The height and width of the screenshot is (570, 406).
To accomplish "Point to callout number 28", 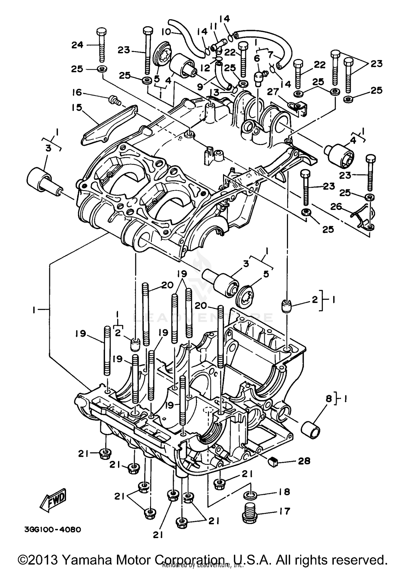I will click(x=303, y=461).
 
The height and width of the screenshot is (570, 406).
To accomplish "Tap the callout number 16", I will click(x=77, y=93).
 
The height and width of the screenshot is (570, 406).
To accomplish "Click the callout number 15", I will click(x=77, y=108).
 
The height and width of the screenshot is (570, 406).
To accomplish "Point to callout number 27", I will click(x=273, y=92).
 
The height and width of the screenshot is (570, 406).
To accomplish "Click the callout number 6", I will click(x=256, y=58).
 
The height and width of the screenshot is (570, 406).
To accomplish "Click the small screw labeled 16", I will click(x=114, y=101).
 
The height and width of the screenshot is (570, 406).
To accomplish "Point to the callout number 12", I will click(x=205, y=68).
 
